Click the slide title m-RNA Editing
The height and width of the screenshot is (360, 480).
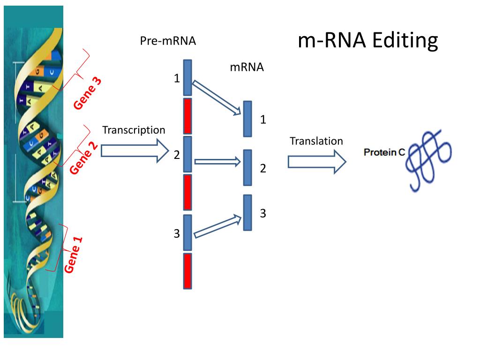[x=367, y=41]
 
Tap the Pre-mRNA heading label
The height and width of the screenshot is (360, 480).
[x=168, y=41]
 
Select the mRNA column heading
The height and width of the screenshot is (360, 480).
[x=247, y=67]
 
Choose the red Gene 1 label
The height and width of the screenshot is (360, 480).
[x=74, y=254]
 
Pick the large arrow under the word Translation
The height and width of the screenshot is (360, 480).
[x=316, y=161]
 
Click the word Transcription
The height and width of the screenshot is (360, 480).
[x=134, y=130]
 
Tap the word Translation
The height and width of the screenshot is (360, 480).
[x=316, y=141]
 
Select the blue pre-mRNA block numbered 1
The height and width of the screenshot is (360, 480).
[x=187, y=78]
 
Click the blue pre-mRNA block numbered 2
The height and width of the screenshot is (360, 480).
[x=187, y=154]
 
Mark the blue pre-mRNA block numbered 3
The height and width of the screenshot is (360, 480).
[x=187, y=232]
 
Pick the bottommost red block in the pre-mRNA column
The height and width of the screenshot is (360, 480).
[x=187, y=271]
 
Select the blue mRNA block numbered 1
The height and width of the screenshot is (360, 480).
[x=247, y=119]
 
